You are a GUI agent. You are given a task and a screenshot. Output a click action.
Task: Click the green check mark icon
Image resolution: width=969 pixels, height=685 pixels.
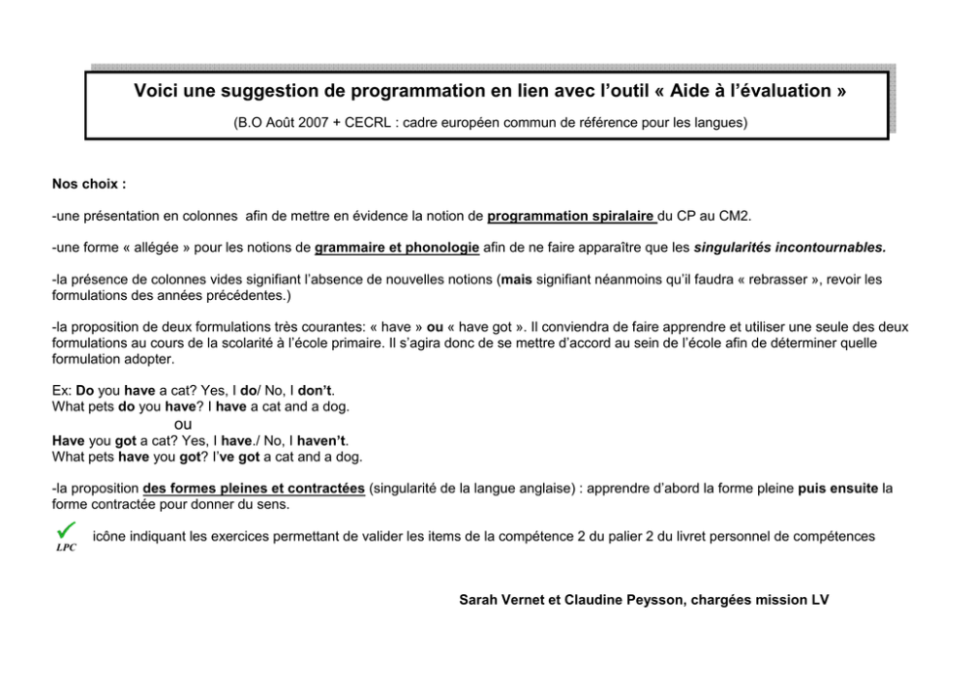tap(66, 529)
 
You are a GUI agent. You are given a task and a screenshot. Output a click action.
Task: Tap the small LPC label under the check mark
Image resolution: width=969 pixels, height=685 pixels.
tap(65, 547)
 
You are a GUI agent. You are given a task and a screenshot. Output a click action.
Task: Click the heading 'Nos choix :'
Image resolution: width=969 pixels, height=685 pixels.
tap(89, 183)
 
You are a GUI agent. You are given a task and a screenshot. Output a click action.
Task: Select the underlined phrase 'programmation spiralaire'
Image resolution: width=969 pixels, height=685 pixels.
tap(571, 215)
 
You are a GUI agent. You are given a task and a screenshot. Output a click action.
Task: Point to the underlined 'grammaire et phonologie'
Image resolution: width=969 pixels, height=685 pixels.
tap(397, 247)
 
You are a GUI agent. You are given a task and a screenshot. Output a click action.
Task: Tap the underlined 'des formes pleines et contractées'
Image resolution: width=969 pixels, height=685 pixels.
tap(254, 488)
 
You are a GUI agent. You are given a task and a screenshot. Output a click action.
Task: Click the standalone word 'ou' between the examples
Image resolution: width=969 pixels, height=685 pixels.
tap(183, 424)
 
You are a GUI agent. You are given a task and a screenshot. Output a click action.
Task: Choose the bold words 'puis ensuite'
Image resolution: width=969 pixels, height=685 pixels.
tap(837, 488)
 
